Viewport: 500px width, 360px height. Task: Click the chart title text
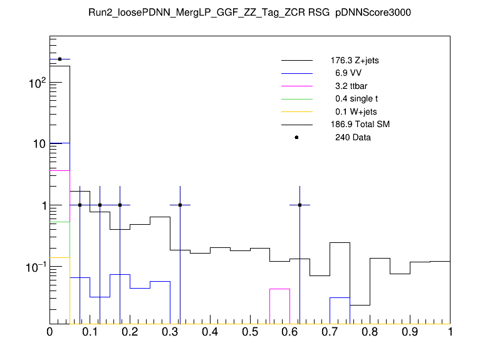pyautogui.click(x=250, y=13)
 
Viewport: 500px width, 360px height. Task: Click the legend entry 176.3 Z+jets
pyautogui.click(x=355, y=61)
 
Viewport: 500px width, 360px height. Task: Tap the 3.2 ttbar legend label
pyautogui.click(x=351, y=86)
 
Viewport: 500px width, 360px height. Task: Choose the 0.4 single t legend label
pyautogui.click(x=356, y=99)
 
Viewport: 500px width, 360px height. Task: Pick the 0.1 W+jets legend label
pyautogui.click(x=355, y=112)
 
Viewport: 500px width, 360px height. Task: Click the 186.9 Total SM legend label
pyautogui.click(x=360, y=125)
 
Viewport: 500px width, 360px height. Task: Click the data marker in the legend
pyautogui.click(x=296, y=137)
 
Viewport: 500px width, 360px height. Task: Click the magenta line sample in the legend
pyautogui.click(x=296, y=86)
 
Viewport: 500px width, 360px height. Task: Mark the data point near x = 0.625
pyautogui.click(x=300, y=205)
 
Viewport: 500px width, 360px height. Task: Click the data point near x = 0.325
pyautogui.click(x=180, y=205)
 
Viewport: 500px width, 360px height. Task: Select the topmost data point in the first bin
pyautogui.click(x=60, y=59)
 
